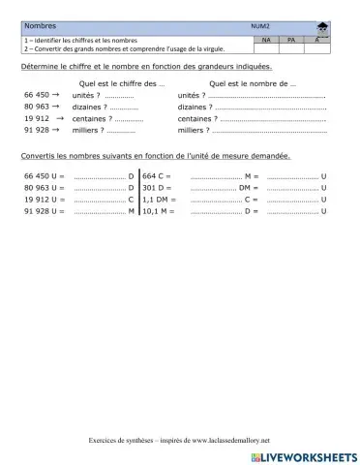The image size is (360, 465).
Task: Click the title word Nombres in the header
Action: pos(41,27)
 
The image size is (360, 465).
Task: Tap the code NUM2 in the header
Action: pos(259,27)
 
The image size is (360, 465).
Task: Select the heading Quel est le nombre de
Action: pos(253,84)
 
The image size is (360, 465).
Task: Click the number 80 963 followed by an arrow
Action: pos(38,107)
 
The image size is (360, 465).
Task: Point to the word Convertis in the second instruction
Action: pos(39,156)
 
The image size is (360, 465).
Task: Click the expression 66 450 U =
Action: pos(44,176)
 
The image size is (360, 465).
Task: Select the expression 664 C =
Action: pos(157,176)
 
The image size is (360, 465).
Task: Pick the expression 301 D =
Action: pos(157,188)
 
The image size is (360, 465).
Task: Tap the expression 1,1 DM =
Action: pos(161,200)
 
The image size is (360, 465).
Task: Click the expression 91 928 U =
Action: pos(44,211)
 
